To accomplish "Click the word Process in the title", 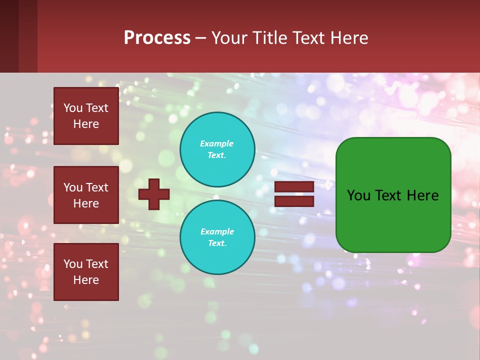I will click(157, 37).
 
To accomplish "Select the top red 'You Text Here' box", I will click(86, 116).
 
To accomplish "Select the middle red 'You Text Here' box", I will click(86, 195).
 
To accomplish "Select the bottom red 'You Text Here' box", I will click(86, 272).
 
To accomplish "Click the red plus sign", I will click(154, 194).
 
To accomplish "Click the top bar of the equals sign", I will click(294, 186).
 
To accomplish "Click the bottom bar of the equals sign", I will click(294, 201).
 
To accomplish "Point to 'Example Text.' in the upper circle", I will click(217, 149).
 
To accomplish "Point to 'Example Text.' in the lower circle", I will click(217, 237).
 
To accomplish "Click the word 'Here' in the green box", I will click(422, 195).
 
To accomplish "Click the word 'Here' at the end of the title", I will click(349, 37).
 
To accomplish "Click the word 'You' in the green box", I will click(359, 195).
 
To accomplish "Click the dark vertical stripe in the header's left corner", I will click(9, 36).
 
